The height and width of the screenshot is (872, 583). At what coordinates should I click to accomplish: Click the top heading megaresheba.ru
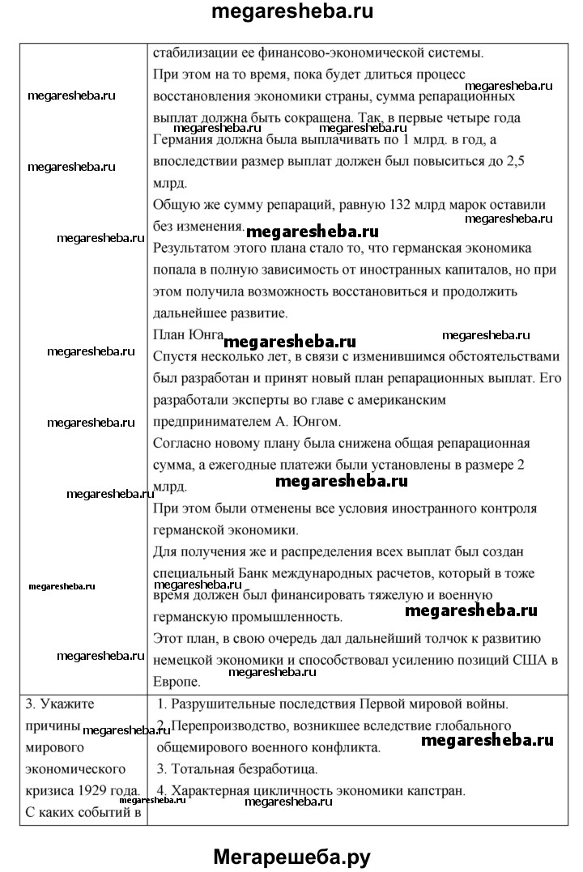click(x=291, y=13)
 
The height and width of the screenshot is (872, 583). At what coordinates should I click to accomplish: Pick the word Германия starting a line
click(x=181, y=140)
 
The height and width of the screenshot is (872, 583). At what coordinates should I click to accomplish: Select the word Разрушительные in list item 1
click(x=221, y=704)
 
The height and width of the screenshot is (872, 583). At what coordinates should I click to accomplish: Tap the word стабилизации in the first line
click(x=193, y=53)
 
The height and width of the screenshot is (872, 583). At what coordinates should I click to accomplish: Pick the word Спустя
click(x=172, y=356)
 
